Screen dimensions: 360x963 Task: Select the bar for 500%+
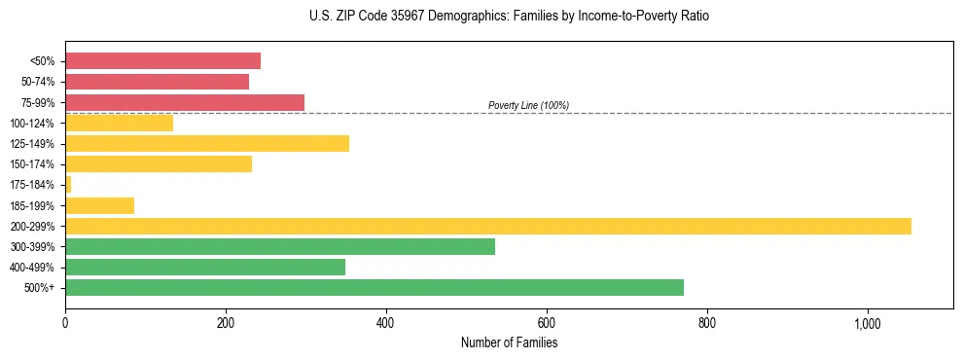(x=374, y=287)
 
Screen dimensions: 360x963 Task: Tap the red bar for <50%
(x=162, y=61)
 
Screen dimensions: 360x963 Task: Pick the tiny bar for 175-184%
(x=68, y=185)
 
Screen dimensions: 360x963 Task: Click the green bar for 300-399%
(x=280, y=246)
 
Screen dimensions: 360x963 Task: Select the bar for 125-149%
(x=207, y=144)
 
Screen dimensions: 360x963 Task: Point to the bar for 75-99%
(x=185, y=102)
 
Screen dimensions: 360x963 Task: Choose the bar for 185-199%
(x=99, y=205)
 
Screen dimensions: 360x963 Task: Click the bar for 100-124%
(x=119, y=124)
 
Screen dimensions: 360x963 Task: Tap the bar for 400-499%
(x=205, y=267)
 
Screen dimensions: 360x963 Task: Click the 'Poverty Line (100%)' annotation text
(x=528, y=105)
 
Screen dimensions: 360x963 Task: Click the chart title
(x=482, y=17)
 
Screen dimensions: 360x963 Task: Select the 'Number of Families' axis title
(x=509, y=342)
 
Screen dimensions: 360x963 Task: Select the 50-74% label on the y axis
(x=38, y=83)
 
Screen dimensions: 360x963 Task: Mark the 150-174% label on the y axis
(x=32, y=164)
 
